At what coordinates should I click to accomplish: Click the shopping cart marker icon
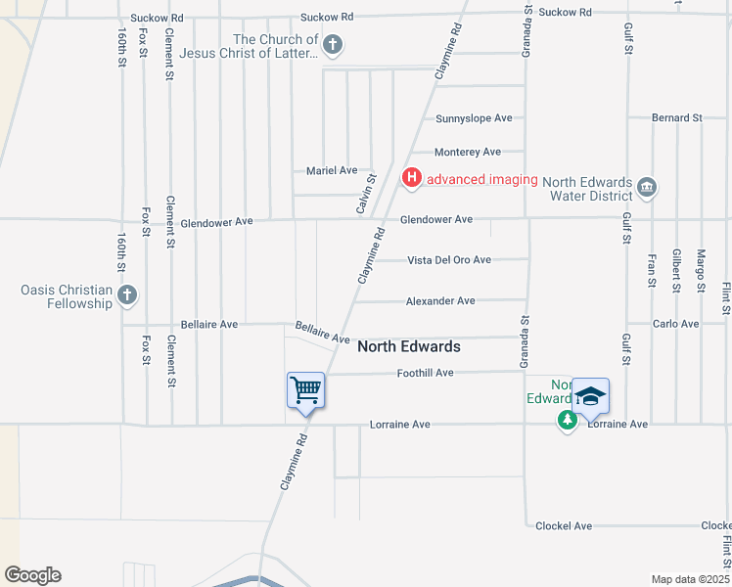(305, 390)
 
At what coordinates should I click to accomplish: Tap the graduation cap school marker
(590, 396)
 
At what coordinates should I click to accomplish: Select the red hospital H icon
(412, 177)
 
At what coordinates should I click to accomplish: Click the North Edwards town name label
(408, 346)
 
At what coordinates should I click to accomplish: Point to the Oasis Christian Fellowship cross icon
(126, 294)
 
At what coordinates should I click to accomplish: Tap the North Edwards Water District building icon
(646, 187)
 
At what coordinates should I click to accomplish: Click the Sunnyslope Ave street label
(474, 118)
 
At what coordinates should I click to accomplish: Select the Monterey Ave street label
(468, 152)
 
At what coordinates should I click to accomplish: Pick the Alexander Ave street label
(440, 300)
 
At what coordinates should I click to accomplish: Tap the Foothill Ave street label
(426, 373)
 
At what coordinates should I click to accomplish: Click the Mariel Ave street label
(332, 170)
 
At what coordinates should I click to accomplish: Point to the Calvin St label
(365, 194)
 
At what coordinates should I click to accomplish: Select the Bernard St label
(677, 117)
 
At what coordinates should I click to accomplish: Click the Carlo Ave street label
(675, 323)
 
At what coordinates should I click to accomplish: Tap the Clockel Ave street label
(564, 525)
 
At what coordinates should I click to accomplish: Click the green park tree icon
(567, 420)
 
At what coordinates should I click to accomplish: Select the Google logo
(32, 575)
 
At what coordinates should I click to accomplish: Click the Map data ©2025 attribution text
(690, 579)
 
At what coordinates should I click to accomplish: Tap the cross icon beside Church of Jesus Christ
(333, 44)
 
